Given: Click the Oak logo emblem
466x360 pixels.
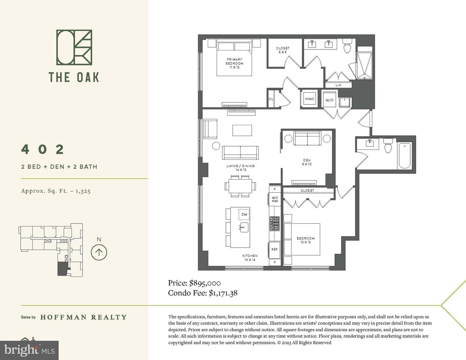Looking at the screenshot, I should tap(74, 47).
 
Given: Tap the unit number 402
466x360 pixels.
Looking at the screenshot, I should tap(43, 149).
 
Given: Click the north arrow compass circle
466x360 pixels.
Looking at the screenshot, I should tap(99, 252).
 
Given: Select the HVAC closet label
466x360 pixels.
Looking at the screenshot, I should tap(310, 99).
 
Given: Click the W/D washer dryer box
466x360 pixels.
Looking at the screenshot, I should tap(329, 100).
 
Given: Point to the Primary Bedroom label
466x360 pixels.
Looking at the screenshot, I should tap(234, 63).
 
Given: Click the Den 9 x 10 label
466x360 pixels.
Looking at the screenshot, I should tap(307, 162).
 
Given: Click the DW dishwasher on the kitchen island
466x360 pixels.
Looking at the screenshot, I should tap(244, 214).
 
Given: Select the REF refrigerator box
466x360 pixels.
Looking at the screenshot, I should tap(274, 249).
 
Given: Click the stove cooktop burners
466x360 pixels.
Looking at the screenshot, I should tap(274, 224).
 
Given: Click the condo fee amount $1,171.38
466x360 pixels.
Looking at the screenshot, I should tap(223, 293).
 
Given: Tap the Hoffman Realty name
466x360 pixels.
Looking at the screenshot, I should tap(83, 317).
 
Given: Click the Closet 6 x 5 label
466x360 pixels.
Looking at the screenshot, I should tap(283, 50).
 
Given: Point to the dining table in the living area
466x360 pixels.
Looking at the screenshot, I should tap(240, 186).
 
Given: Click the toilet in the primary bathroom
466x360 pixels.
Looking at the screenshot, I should tap(347, 46).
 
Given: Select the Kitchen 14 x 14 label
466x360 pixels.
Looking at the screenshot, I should tap(250, 258).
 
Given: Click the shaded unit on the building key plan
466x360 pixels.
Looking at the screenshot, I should tap(61, 269).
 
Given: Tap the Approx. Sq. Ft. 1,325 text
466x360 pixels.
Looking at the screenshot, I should tap(56, 191).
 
